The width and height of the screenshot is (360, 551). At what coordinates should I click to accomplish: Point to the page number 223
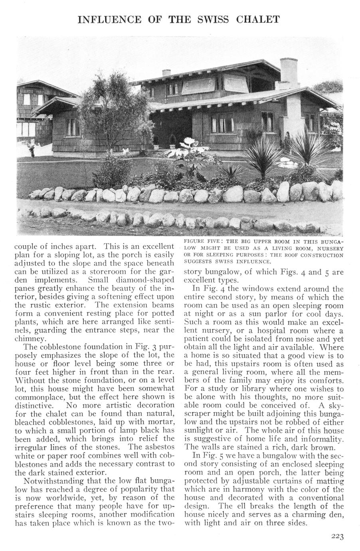click(337, 537)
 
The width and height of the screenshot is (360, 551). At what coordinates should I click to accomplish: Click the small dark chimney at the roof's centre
click(166, 73)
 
